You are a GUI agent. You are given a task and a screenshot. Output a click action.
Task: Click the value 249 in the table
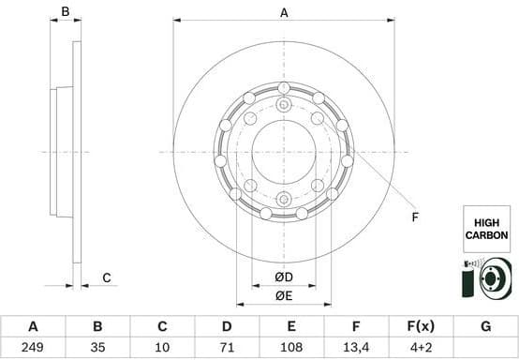point(33,348)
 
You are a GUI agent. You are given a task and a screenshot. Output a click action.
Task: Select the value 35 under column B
point(97,348)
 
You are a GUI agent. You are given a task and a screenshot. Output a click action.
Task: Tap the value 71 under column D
point(227,348)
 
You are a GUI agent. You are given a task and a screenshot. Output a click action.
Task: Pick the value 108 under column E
point(291,348)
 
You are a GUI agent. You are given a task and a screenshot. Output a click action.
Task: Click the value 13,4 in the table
point(356,348)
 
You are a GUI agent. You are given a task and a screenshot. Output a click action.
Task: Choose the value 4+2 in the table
point(421,348)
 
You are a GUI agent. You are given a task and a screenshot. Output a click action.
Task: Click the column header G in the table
point(485,327)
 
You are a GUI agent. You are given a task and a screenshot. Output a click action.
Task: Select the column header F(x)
point(421,327)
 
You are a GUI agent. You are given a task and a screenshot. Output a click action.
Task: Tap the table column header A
point(33,327)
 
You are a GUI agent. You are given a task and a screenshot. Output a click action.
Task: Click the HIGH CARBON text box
point(487,229)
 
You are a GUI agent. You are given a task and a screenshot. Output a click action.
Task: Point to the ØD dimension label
point(284,277)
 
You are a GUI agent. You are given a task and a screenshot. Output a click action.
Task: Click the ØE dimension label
point(284,297)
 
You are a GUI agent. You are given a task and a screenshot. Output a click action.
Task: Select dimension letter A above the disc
point(284,12)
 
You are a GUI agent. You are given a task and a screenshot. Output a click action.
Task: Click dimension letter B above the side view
point(66,12)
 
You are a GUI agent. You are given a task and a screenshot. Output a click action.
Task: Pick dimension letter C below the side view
point(107,277)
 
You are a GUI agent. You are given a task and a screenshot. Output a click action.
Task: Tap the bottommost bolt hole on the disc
point(284,198)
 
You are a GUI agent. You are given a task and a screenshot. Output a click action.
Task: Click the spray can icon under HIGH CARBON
point(470,278)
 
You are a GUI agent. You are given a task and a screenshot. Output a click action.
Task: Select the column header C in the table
point(162,327)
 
